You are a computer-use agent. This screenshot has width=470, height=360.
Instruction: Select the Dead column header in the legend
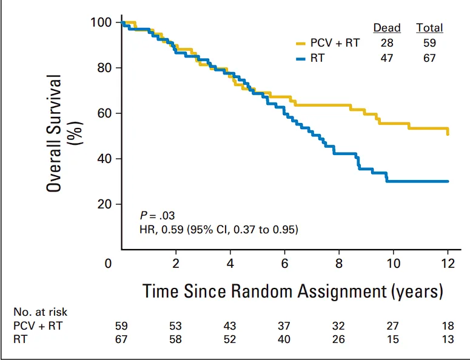[386, 28]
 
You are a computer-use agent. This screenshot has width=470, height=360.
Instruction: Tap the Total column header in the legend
[429, 28]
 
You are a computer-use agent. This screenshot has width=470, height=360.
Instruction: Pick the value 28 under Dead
[386, 43]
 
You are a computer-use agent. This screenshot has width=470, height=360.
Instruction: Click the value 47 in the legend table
[386, 58]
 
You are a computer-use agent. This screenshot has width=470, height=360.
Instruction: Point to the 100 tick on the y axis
[101, 22]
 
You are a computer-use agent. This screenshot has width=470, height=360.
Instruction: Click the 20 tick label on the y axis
[104, 204]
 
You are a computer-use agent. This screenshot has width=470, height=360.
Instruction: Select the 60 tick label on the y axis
[104, 113]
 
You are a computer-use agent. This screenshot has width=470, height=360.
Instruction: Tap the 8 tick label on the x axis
[339, 264]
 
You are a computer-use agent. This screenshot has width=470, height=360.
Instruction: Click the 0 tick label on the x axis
[109, 264]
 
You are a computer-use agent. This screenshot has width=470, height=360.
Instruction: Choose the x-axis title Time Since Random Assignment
[293, 291]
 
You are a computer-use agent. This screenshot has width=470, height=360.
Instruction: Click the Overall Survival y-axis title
[62, 133]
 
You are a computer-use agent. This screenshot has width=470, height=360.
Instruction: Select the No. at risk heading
[41, 312]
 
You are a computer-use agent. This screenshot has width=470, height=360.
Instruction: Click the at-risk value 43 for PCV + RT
[230, 326]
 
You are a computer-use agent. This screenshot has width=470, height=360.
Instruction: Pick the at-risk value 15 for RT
[394, 339]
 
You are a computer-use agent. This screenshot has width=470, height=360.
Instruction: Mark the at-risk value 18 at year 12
[448, 326]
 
